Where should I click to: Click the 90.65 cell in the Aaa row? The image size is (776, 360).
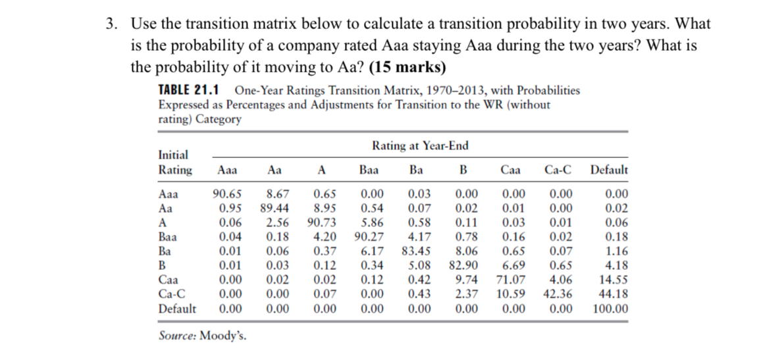pyautogui.click(x=226, y=193)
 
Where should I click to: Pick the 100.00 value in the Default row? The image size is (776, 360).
pyautogui.click(x=610, y=309)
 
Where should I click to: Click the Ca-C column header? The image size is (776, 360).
pyautogui.click(x=558, y=169)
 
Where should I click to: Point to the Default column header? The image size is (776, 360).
pyautogui.click(x=609, y=169)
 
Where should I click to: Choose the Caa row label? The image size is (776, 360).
pyautogui.click(x=168, y=280)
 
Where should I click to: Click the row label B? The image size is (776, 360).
pyautogui.click(x=163, y=265)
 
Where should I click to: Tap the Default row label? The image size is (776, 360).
pyautogui.click(x=177, y=309)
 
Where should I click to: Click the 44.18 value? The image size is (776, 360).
pyautogui.click(x=613, y=294)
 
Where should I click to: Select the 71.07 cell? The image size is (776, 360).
pyautogui.click(x=511, y=280)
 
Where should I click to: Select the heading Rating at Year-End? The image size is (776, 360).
pyautogui.click(x=420, y=145)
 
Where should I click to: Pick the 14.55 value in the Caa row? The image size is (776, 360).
pyautogui.click(x=613, y=280)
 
